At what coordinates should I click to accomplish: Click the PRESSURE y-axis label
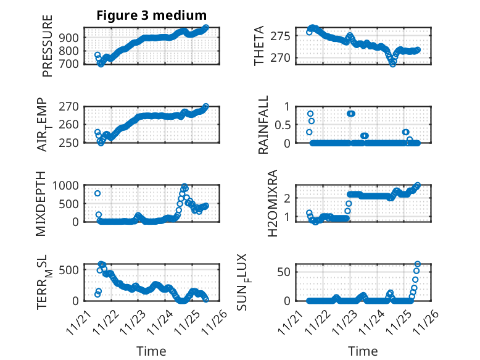(48, 46)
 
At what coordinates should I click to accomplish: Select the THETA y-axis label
(259, 46)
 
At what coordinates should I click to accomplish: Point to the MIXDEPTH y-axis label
(41, 203)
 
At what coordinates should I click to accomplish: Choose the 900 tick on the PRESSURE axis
(72, 37)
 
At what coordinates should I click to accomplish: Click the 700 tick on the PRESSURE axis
(72, 64)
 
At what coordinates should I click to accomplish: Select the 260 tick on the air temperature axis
(72, 124)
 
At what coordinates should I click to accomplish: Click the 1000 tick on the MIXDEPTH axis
(68, 185)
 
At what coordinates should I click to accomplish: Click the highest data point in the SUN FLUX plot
(418, 264)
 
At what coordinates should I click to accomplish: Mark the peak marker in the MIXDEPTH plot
(184, 186)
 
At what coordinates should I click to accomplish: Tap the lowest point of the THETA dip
(392, 64)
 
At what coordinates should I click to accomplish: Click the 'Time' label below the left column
(151, 351)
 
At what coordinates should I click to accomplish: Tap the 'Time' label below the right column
(363, 351)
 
